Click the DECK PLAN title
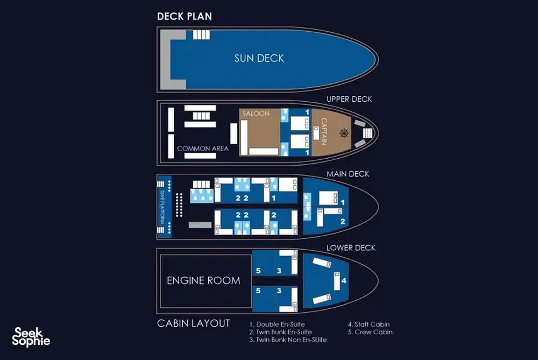pos(184,17)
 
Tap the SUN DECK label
pos(259,58)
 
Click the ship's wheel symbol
pos(344,133)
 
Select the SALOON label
pos(256,113)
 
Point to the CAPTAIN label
pos(324,131)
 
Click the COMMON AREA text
pos(202,149)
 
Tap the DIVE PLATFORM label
pos(162,207)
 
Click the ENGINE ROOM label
pos(203,281)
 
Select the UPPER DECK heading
pos(349,99)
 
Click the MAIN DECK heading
pos(348,174)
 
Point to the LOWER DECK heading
pos(351,248)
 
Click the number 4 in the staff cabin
pos(344,281)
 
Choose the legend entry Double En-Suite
pos(277,324)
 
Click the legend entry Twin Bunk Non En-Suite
pos(288,340)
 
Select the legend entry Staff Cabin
pos(369,324)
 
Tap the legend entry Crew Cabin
pos(370,332)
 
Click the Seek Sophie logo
pos(31,337)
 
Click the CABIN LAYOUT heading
pos(193,323)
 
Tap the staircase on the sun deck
pos(201,34)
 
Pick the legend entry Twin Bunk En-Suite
pos(281,332)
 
